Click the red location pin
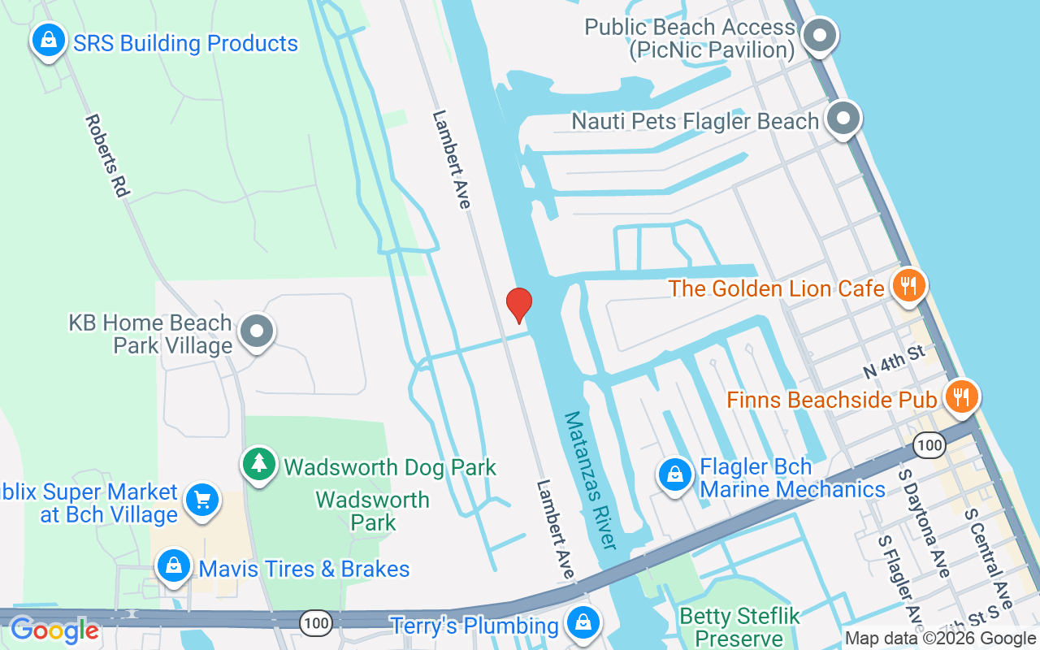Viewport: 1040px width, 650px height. pos(518,305)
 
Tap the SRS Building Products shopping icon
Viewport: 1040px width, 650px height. pos(49,39)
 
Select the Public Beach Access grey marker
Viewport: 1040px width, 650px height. pos(820,37)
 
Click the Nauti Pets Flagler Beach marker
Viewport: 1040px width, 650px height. pos(843,119)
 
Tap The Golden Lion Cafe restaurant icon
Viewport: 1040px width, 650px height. pos(908,286)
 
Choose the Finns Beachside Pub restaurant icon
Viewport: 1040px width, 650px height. pos(962,397)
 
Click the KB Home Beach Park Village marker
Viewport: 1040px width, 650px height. pos(258,331)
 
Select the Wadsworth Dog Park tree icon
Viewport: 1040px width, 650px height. pos(259,464)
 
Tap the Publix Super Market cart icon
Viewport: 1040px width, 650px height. pos(202,500)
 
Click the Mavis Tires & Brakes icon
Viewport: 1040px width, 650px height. pos(174,566)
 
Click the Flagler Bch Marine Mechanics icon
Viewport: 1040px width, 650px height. pos(674,474)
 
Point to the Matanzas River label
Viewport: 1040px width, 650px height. pos(591,479)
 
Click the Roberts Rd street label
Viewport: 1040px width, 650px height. pos(107,154)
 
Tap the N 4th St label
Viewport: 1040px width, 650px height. pos(894,362)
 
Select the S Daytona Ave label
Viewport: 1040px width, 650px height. pos(925,522)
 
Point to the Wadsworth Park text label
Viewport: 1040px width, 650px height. pos(373,510)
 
